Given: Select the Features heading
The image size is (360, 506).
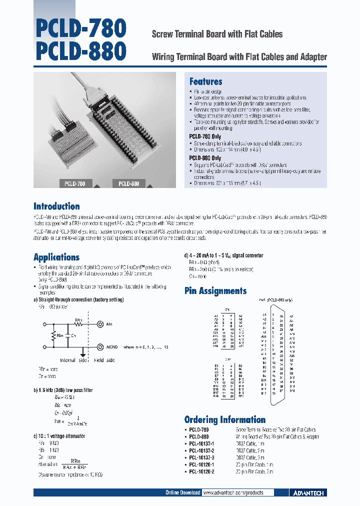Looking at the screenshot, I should coord(205,81).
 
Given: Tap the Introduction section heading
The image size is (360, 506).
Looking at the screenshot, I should coord(56,206).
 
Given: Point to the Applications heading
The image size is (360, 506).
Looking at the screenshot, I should coord(56,257).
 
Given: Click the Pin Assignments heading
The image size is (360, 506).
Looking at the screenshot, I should coord(215,290).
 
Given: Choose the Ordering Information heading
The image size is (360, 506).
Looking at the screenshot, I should coord(224,419).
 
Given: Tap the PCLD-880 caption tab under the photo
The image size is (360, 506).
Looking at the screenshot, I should coord(128,183).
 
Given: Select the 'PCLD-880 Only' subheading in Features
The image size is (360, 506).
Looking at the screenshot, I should coord(205,157).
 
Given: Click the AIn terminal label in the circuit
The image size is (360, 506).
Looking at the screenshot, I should coord(109,324).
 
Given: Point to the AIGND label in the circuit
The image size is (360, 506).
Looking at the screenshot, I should coord(111,346).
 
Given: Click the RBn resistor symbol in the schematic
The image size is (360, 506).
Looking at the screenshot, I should coord(52,335).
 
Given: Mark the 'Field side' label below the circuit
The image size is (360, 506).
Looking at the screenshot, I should coord(104,360).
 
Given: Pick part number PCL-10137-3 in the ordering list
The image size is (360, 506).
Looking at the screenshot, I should coord(201,457).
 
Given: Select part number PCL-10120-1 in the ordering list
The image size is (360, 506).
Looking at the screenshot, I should coord(201,464).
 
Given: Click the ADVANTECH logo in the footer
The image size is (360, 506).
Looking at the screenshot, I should coord(307,493).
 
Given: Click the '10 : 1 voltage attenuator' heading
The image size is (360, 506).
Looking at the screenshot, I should coord(59,436).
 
